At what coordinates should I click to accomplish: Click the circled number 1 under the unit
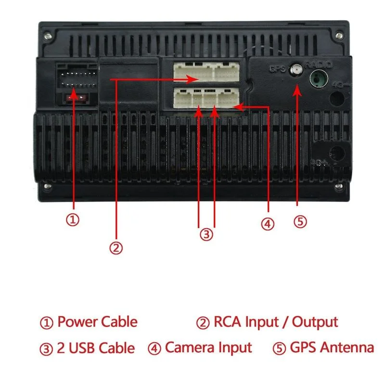(x=72, y=220)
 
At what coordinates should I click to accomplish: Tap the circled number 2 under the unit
(x=115, y=248)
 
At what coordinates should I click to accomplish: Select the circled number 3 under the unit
(x=206, y=235)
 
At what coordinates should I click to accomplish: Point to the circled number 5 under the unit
(x=299, y=221)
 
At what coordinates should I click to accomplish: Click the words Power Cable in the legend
(x=97, y=322)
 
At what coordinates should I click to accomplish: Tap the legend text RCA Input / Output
(x=275, y=322)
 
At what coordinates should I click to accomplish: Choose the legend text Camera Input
(x=208, y=347)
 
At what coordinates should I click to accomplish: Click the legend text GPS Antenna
(x=332, y=347)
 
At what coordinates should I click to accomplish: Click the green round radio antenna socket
(x=318, y=78)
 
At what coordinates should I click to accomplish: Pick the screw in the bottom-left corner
(x=47, y=186)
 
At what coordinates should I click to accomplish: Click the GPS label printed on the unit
(x=277, y=69)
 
